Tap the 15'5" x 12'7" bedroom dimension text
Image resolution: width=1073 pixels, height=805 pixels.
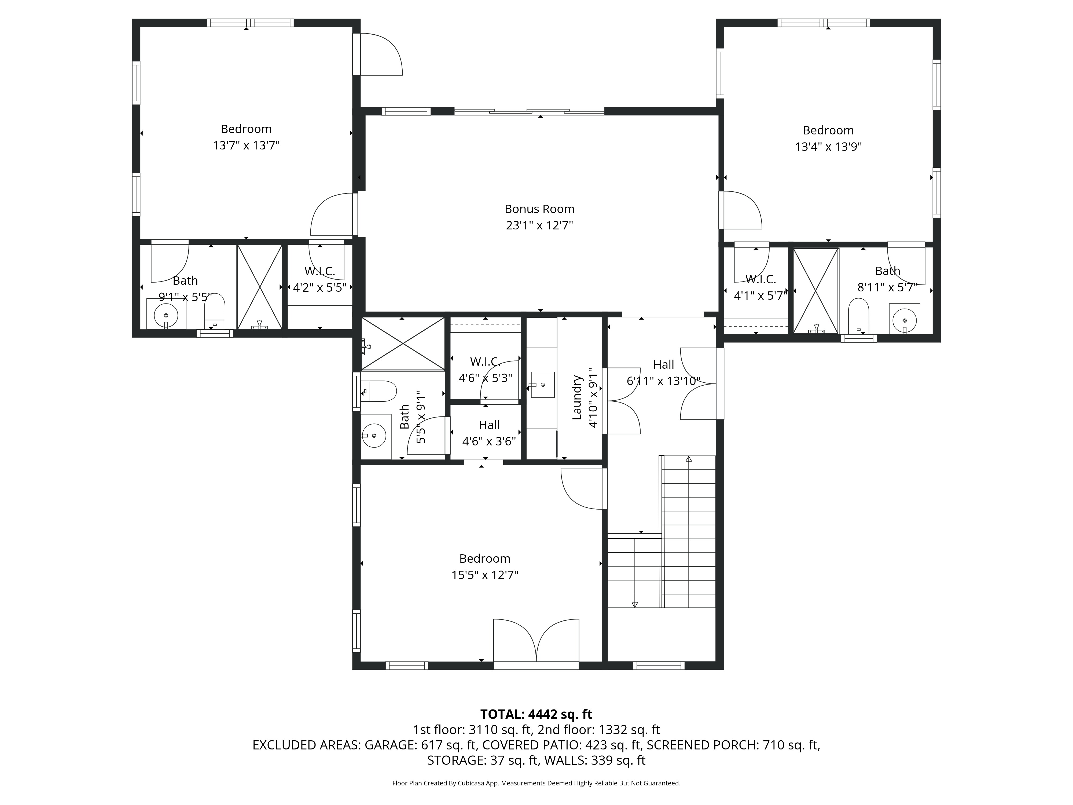click(x=485, y=575)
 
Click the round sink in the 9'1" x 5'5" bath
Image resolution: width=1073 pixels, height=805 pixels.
click(x=166, y=315)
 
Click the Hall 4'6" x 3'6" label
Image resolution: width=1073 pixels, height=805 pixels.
click(x=489, y=425)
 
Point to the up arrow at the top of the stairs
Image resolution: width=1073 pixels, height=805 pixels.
click(x=688, y=459)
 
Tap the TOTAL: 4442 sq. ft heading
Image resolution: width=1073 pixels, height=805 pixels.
click(x=536, y=714)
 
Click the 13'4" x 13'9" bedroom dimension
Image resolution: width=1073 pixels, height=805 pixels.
click(x=828, y=147)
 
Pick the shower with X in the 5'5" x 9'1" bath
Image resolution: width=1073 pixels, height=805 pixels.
click(x=403, y=343)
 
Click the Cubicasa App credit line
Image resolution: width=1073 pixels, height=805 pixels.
click(x=536, y=783)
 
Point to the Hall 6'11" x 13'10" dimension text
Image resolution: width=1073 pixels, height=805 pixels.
click(x=663, y=381)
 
